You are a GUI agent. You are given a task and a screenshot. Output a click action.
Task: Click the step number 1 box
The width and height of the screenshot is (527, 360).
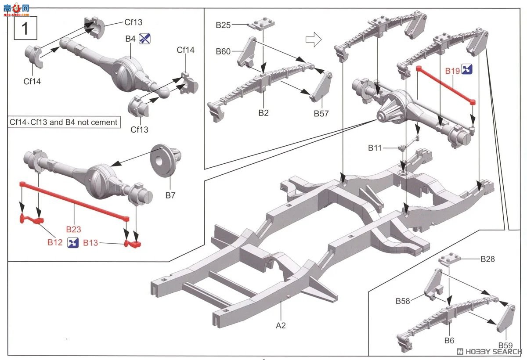click(x=25, y=28)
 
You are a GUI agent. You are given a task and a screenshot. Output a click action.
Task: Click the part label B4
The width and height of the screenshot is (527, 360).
click(x=130, y=39)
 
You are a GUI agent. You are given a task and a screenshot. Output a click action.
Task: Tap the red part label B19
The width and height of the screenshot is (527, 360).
click(x=452, y=71)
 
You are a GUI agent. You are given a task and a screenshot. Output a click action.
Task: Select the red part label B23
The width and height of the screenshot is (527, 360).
click(x=73, y=229)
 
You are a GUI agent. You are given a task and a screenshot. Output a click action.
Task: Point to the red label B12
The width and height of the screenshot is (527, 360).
click(x=55, y=242)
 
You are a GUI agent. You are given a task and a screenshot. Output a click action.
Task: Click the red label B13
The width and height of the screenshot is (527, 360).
click(x=90, y=243)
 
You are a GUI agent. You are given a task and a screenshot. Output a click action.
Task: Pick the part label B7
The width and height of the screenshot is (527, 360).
click(x=170, y=195)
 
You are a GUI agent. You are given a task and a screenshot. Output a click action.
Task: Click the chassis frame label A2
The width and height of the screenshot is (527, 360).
click(x=281, y=325)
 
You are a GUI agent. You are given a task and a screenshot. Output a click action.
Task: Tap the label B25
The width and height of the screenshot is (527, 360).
click(x=223, y=25)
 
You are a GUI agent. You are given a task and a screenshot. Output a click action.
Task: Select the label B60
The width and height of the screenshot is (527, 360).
click(x=223, y=51)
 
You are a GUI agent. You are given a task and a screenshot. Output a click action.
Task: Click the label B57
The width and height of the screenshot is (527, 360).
click(x=321, y=114)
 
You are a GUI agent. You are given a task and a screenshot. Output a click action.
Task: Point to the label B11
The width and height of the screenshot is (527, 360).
click(x=375, y=148)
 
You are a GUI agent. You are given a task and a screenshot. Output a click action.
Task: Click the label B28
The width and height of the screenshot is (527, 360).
click(x=488, y=259)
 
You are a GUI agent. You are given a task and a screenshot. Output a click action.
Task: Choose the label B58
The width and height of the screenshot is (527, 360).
click(x=403, y=301)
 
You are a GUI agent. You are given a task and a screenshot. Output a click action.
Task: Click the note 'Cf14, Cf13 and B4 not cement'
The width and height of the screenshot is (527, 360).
click(x=64, y=122)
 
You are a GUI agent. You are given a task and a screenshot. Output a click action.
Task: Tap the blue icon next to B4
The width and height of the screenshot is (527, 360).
click(x=144, y=39)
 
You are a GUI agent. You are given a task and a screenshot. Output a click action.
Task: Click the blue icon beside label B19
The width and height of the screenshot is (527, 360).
click(x=466, y=69)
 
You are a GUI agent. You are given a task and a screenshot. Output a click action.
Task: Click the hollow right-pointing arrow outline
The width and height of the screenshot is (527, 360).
click(x=314, y=39)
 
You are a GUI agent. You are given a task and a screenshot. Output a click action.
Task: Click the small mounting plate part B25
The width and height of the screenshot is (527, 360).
click(x=261, y=24)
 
